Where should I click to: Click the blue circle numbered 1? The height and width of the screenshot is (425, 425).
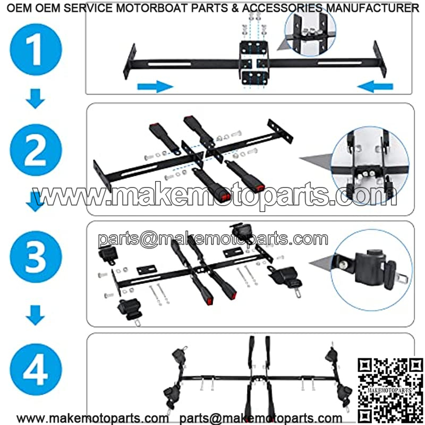(36, 49)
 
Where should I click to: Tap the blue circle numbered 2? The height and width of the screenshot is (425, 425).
(36, 150)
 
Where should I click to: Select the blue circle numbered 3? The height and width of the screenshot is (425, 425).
(36, 257)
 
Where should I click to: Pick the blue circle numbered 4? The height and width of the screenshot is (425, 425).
(36, 369)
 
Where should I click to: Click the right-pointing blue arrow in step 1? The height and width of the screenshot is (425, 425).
(155, 87)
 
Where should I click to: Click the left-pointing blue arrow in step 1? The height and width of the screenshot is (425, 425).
(375, 87)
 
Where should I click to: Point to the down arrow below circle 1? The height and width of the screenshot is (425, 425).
(35, 99)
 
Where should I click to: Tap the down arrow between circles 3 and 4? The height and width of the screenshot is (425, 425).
(35, 315)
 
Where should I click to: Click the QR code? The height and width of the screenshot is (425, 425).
(390, 391)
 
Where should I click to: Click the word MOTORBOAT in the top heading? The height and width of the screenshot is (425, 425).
(152, 8)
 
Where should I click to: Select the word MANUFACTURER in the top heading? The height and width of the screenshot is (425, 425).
(372, 8)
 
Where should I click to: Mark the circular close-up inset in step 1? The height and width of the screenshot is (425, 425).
(310, 31)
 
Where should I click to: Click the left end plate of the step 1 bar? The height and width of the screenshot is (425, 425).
(129, 62)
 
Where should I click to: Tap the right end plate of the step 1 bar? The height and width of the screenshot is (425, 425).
(379, 59)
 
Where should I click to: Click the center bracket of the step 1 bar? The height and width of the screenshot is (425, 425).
(254, 62)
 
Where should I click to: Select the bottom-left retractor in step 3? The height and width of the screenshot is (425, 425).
(129, 310)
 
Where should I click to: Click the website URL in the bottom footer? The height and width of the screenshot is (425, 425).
(92, 419)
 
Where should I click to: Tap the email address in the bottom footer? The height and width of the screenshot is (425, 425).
(261, 419)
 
